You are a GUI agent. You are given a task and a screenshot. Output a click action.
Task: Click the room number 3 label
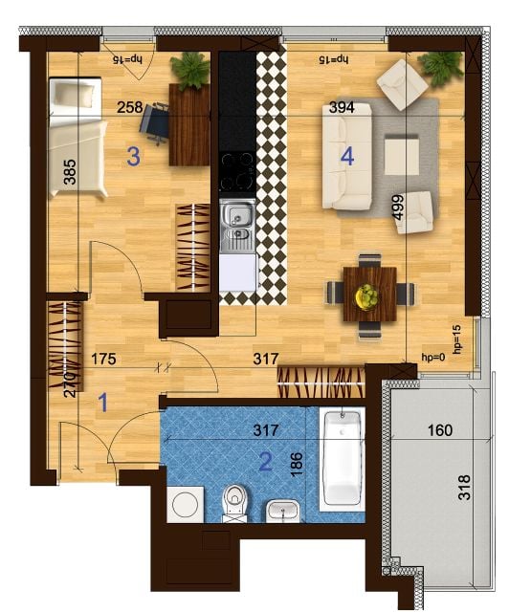pyautogui.click(x=133, y=157)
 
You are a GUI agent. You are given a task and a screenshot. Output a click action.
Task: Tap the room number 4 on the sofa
pyautogui.click(x=347, y=157)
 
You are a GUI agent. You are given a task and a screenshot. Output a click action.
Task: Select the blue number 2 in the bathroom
pyautogui.click(x=266, y=462)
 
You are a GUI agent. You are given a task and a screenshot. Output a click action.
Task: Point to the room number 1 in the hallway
pyautogui.click(x=102, y=403)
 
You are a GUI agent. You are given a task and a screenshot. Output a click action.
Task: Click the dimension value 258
pyautogui.click(x=130, y=107)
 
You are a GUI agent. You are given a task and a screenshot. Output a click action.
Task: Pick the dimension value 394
pyautogui.click(x=342, y=107)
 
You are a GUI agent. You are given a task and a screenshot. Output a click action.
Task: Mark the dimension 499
pyautogui.click(x=399, y=208)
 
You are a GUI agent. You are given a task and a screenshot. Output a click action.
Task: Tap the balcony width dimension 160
pyautogui.click(x=440, y=430)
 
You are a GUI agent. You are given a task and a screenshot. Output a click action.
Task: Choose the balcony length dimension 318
pyautogui.click(x=464, y=488)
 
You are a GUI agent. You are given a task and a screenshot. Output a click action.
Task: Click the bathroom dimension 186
pyautogui.click(x=297, y=464)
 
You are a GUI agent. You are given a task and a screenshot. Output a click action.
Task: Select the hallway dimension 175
pyautogui.click(x=103, y=359)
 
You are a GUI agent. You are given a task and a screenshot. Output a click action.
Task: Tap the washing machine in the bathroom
pyautogui.click(x=186, y=504)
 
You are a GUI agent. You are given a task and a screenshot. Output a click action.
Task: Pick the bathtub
pyautogui.click(x=343, y=459)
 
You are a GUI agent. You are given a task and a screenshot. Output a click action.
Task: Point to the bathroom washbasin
pyautogui.click(x=283, y=511)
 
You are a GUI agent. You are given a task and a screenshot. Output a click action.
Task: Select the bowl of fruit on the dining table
pyautogui.click(x=366, y=297)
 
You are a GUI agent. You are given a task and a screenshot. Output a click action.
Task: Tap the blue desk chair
pyautogui.click(x=154, y=123)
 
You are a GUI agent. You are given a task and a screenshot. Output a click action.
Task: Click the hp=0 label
pyautogui.click(x=433, y=356)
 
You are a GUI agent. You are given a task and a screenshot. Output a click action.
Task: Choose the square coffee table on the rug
pyautogui.click(x=402, y=155)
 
